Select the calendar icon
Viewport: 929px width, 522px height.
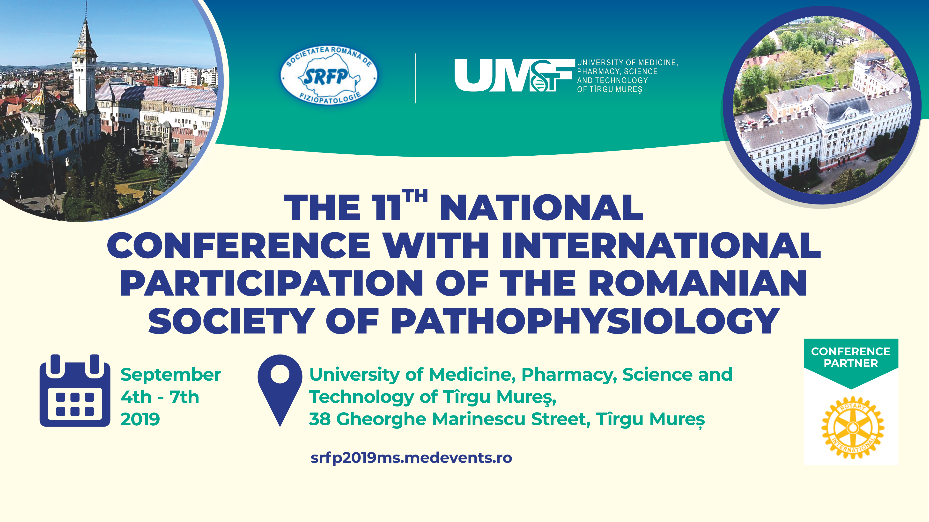pos(75,391)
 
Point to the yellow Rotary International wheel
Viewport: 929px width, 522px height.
pos(853,428)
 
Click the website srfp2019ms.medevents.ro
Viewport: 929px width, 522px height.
pos(411,458)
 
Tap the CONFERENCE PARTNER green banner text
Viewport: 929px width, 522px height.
pos(851,357)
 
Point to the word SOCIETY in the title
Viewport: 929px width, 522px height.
pos(231,321)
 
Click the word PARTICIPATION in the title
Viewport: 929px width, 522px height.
pos(271,283)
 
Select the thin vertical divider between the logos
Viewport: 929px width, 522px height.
pos(416,78)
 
